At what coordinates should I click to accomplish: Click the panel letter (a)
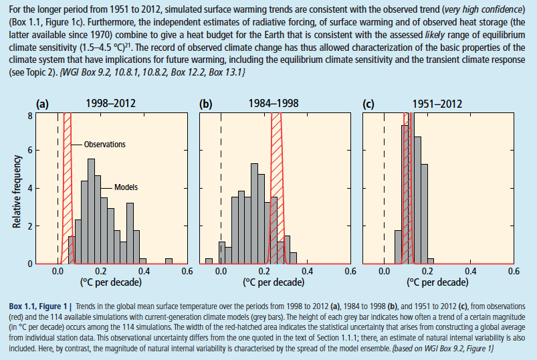pos(43,104)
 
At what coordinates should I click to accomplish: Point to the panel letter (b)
pos(206,104)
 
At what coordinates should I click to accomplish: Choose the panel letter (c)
pos(368,104)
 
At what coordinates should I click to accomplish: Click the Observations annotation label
pos(104,144)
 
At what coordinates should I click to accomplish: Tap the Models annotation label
pos(126,187)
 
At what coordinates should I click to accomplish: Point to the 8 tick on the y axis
pos(30,115)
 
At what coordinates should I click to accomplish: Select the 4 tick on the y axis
pos(30,189)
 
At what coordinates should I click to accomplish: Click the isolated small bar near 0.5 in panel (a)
pos(169,261)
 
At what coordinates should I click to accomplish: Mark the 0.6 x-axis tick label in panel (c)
pos(513,272)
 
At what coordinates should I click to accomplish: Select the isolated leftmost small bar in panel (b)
pos(209,261)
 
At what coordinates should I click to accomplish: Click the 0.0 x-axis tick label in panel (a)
pos(58,272)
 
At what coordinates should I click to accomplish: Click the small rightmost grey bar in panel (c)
pos(430,261)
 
